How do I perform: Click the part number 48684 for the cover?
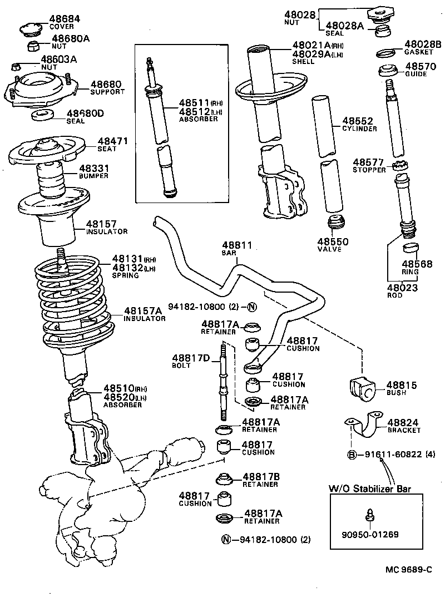tap(65, 18)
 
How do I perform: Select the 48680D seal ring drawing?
tap(41, 116)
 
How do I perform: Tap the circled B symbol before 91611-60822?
tap(352, 455)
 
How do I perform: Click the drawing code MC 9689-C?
tap(409, 570)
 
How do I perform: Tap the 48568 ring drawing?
tap(411, 247)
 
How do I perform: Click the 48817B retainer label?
tap(260, 480)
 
